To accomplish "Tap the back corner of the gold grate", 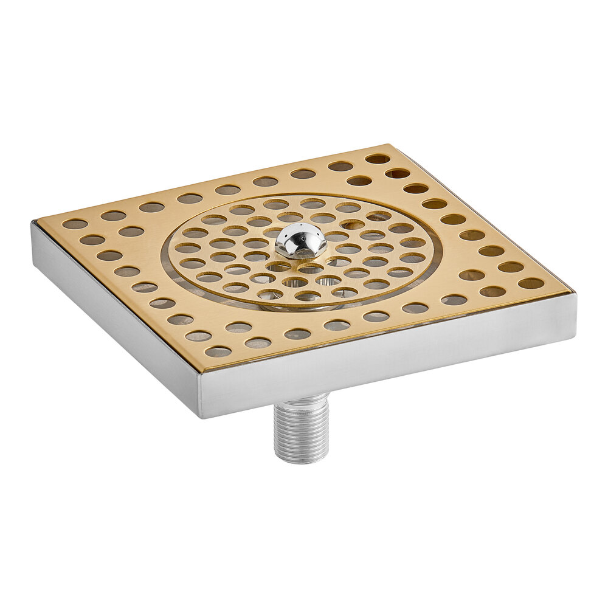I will tap(390, 145).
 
